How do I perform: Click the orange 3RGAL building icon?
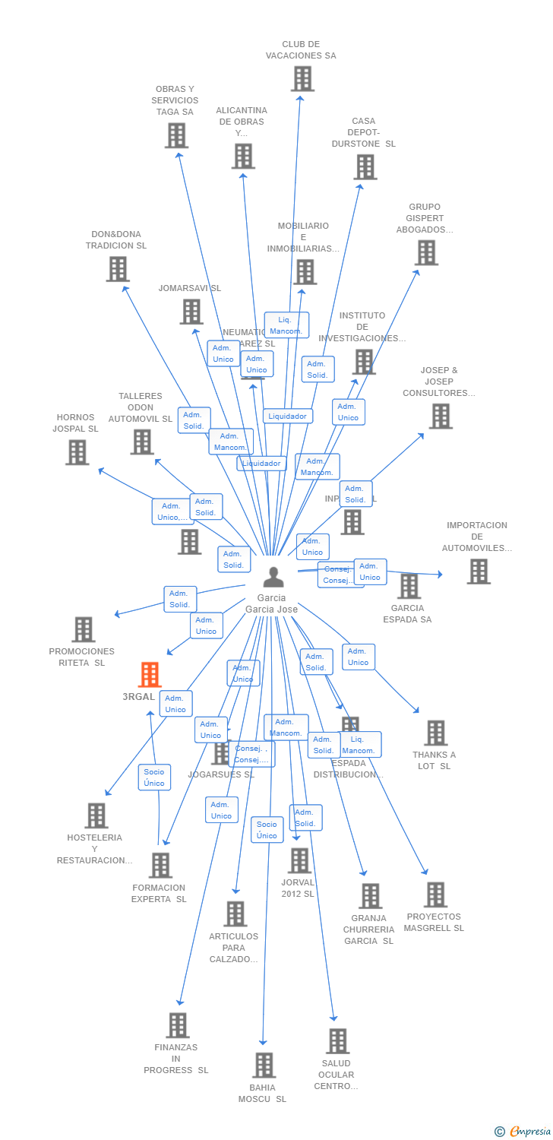point(150,675)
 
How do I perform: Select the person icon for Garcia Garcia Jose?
point(273,578)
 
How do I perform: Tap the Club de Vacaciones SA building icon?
point(302,78)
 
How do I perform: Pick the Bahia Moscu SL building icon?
point(264,1066)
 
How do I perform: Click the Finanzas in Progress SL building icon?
point(177,1025)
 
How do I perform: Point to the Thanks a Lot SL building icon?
point(435,733)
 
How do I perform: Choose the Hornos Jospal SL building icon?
point(77,452)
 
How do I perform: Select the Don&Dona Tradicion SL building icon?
point(118,269)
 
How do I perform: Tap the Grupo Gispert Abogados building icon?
point(426,252)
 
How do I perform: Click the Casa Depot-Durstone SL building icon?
point(365,167)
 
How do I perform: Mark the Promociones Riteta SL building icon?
point(83,629)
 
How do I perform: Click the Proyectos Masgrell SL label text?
point(434,922)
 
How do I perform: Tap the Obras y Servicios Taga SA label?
point(175,100)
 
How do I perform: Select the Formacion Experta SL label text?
point(159,893)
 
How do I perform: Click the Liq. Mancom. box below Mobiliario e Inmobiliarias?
point(286,325)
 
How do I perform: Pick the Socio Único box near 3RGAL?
point(154,777)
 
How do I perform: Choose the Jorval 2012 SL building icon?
point(300,861)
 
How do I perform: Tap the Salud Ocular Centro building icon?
point(337,1041)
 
